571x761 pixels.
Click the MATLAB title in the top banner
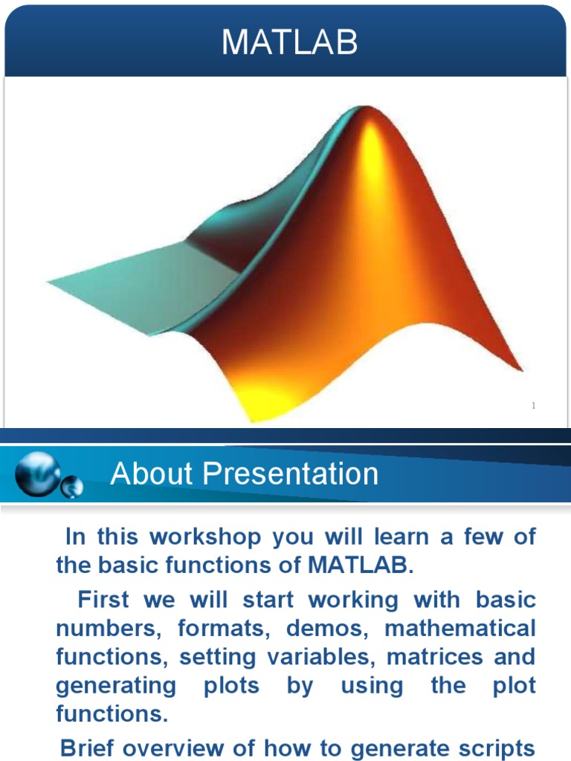[289, 43]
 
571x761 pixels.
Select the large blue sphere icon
[36, 473]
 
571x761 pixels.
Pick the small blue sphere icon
[72, 488]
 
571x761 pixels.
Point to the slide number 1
[534, 406]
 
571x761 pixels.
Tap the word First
[104, 599]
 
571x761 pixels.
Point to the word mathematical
[459, 628]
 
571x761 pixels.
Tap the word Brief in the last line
[92, 747]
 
